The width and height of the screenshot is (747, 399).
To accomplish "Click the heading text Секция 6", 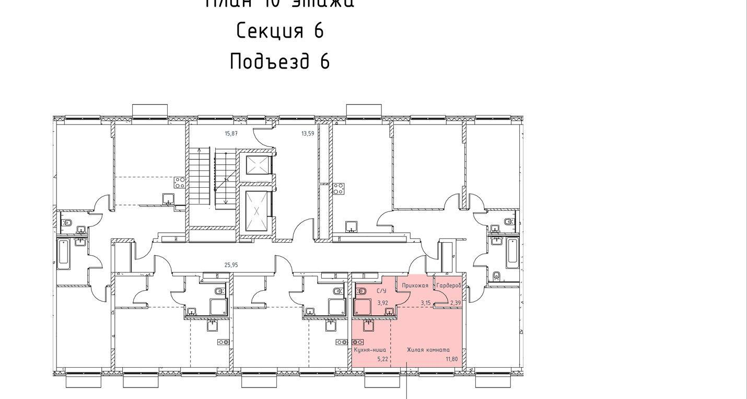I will click(280, 31).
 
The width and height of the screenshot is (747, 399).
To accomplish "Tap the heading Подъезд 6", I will click(280, 62).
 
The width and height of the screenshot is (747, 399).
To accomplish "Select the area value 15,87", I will click(231, 134).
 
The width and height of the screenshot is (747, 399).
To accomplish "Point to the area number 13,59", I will click(308, 134).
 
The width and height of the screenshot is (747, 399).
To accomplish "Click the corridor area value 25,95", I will click(231, 265).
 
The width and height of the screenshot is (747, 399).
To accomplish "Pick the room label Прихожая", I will click(415, 286).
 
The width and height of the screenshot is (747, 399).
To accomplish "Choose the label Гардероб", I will click(449, 286).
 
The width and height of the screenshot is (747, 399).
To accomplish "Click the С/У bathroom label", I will click(381, 291).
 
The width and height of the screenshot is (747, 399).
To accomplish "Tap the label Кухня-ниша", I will click(370, 350).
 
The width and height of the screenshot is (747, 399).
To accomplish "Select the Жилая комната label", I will click(428, 350).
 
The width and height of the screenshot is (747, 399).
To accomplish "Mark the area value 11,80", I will click(451, 359).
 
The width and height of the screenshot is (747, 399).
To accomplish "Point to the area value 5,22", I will click(383, 359).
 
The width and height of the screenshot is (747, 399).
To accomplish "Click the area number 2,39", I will click(456, 303).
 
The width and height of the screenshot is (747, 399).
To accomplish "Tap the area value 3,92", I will click(382, 303).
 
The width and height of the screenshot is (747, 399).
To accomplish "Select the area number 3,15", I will click(426, 303).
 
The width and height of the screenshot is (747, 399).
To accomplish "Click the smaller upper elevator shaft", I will click(257, 166).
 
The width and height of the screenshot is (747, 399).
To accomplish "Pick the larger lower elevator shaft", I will click(257, 211).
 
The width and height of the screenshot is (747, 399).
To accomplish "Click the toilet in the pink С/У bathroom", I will click(361, 291).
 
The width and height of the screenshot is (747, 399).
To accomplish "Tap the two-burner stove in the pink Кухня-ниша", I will click(358, 342).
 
